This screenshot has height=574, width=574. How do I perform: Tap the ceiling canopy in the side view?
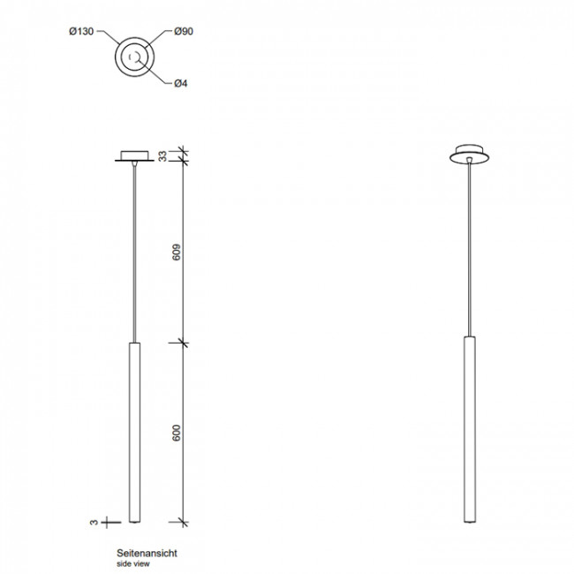pos(133,155)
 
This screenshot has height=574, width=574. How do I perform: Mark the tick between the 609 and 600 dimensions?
pos(183,342)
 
